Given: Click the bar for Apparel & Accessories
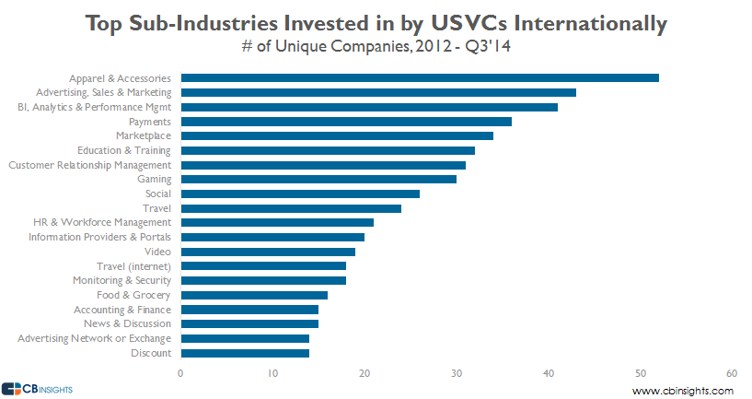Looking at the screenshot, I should pyautogui.click(x=419, y=77).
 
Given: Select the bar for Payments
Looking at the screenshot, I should pyautogui.click(x=345, y=122).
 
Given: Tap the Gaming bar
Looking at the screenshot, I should pyautogui.click(x=318, y=179).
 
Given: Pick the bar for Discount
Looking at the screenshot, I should pyautogui.click(x=244, y=353).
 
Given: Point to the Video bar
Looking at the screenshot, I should pyautogui.click(x=267, y=252).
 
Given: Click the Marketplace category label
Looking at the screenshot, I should pyautogui.click(x=143, y=135).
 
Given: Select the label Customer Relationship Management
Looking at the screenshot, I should pyautogui.click(x=89, y=165).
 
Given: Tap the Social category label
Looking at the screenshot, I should pyautogui.click(x=158, y=194).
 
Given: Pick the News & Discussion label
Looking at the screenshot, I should pyautogui.click(x=127, y=323).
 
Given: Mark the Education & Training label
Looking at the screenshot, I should pyautogui.click(x=123, y=150).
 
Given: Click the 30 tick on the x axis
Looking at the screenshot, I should pyautogui.click(x=456, y=373).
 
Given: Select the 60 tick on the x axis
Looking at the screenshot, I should pyautogui.click(x=732, y=373).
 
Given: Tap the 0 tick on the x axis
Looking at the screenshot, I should pyautogui.click(x=180, y=373).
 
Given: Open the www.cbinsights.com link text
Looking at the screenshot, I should pyautogui.click(x=683, y=391).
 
